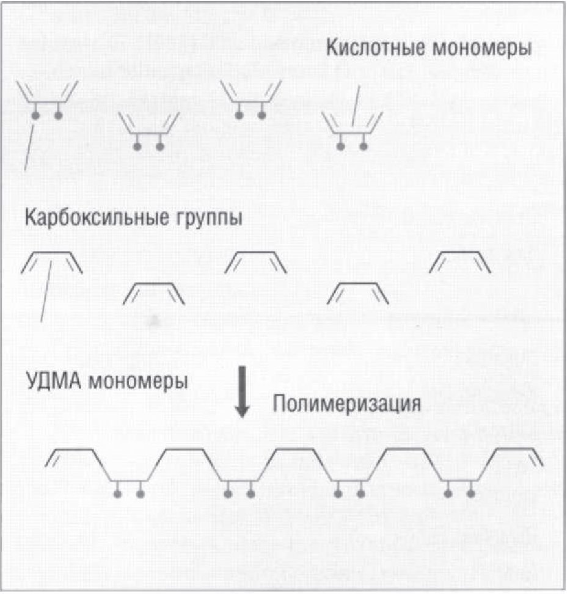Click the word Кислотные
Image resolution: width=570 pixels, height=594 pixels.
pyautogui.click(x=376, y=48)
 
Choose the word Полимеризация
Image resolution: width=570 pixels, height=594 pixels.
pyautogui.click(x=346, y=403)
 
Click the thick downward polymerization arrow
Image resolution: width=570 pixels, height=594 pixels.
pyautogui.click(x=242, y=392)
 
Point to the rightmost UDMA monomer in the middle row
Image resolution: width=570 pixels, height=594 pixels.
pyautogui.click(x=460, y=252)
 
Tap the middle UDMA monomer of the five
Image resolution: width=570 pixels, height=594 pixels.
pyautogui.click(x=256, y=252)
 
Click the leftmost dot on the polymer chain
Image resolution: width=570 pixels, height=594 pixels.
pyautogui.click(x=117, y=494)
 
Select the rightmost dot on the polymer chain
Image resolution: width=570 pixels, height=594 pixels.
pyautogui.click(x=470, y=494)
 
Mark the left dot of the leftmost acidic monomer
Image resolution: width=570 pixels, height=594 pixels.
pyautogui.click(x=35, y=115)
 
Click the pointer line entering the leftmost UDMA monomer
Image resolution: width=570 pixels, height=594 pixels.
pyautogui.click(x=46, y=291)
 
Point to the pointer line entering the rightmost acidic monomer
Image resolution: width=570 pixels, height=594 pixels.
pyautogui.click(x=356, y=106)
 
